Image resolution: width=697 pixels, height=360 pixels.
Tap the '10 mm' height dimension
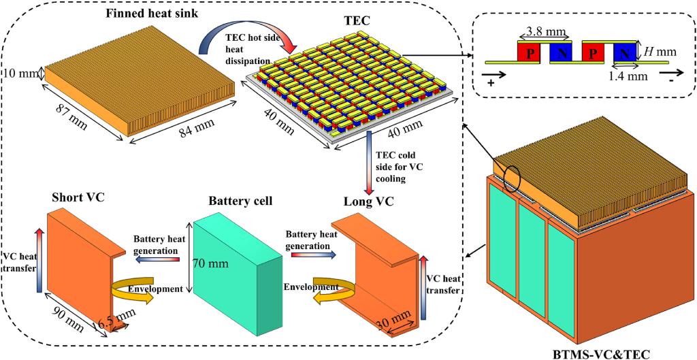(x=22, y=71)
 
